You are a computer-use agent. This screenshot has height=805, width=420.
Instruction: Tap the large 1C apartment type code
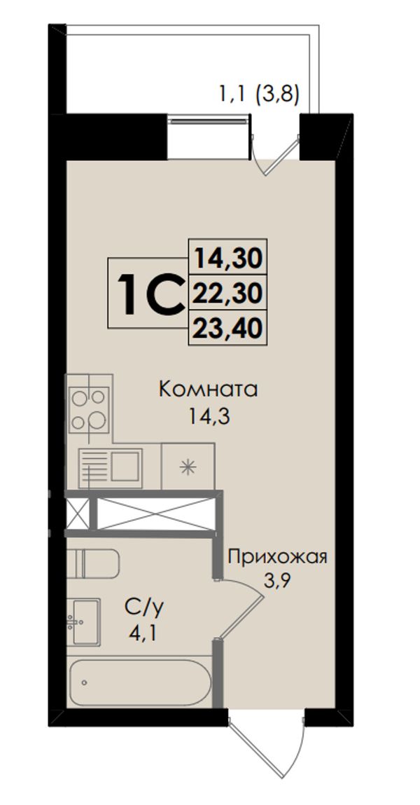pos(150,294)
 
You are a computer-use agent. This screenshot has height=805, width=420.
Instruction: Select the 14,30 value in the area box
pos(227,259)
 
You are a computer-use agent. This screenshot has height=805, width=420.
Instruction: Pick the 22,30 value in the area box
pos(227,293)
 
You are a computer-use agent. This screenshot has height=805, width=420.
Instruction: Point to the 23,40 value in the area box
pos(227,327)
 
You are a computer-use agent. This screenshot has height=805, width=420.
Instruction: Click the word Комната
pos(208,390)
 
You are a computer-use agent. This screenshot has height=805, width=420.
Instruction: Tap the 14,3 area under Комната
pos(208,416)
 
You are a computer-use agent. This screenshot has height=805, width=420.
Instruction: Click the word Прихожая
pos(277,557)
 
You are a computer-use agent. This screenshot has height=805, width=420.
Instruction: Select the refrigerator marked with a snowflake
pos(188,466)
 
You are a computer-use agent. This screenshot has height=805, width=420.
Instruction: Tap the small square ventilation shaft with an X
pos(78,514)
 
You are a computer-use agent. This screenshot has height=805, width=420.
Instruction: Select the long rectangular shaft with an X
pos(155,514)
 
